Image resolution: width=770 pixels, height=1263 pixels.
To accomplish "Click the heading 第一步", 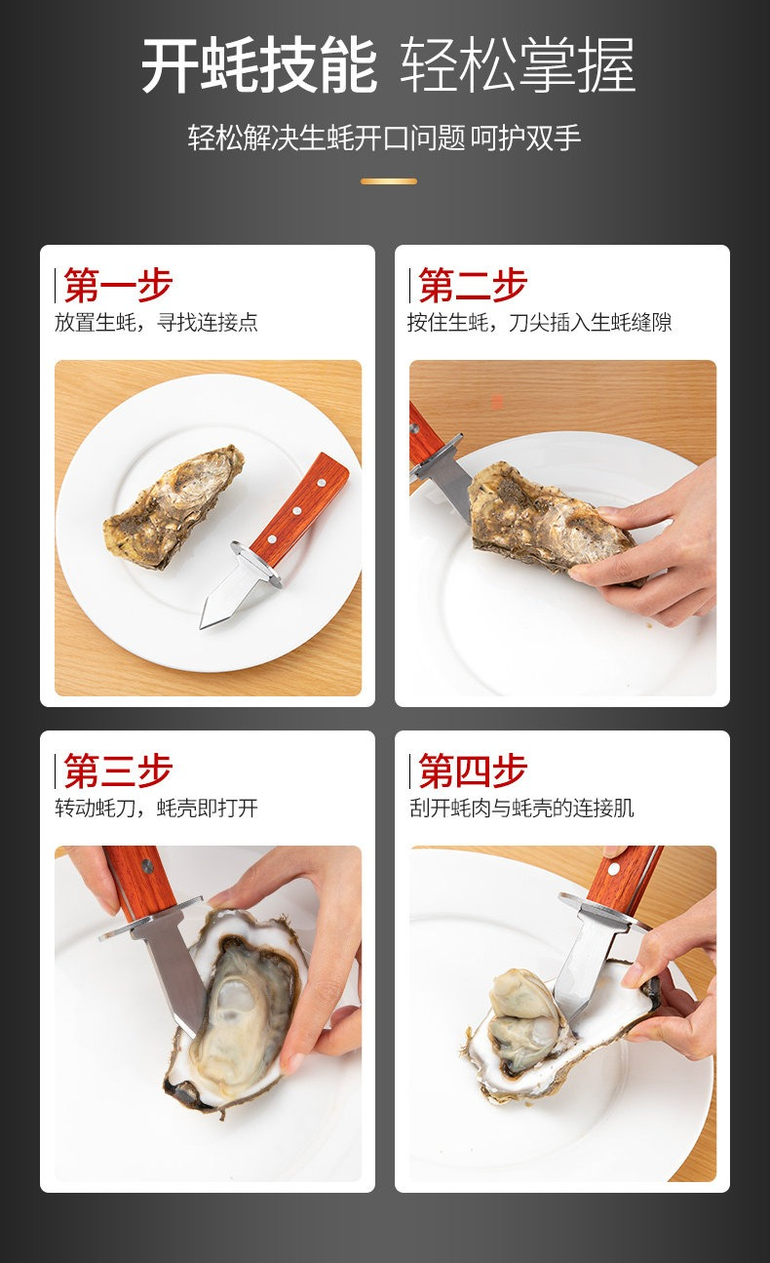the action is [x=118, y=285].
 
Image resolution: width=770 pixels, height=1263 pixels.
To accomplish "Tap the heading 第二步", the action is [x=473, y=285].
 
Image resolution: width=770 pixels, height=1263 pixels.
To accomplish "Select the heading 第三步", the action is [x=118, y=770].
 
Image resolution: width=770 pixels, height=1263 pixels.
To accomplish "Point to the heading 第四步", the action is [x=473, y=770].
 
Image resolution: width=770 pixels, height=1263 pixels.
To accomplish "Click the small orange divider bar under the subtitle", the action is [x=389, y=181].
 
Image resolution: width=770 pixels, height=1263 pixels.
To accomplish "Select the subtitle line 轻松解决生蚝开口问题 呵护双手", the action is [x=384, y=138].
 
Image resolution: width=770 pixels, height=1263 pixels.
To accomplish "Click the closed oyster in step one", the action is [x=174, y=506].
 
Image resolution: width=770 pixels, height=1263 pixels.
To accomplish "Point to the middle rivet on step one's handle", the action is [x=296, y=511].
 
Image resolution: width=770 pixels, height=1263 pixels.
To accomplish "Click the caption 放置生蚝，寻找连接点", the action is [x=156, y=323].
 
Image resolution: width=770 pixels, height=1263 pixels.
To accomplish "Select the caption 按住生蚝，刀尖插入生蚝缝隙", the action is [x=539, y=323].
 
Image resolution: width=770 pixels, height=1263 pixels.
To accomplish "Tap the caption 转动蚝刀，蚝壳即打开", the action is [x=156, y=808].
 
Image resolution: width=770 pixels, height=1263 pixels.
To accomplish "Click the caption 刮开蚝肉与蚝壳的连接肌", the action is [x=521, y=808].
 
